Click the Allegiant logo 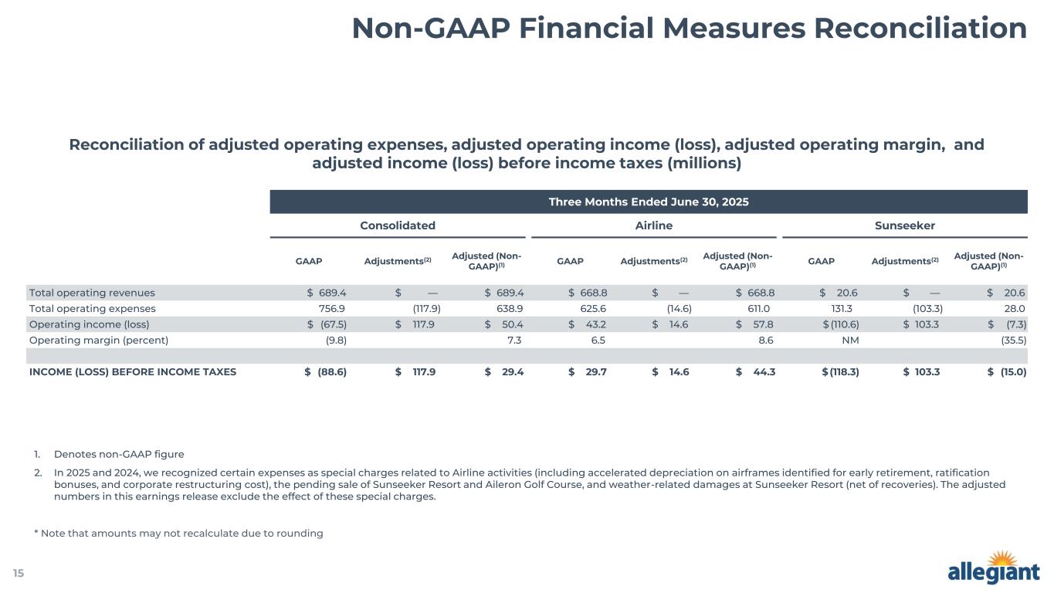point(993,569)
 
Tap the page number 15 point(18,573)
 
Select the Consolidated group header point(398,225)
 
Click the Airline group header point(653,225)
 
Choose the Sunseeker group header point(904,225)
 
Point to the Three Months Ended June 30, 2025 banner point(649,202)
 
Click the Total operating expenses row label point(92,308)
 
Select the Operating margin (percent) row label point(98,340)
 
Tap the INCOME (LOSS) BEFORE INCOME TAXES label point(132,371)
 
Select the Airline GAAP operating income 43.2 point(592,324)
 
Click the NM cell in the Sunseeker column point(851,340)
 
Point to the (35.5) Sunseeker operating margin point(1012,340)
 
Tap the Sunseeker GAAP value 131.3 point(843,308)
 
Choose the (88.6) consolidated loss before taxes point(332,371)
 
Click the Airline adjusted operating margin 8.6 point(766,340)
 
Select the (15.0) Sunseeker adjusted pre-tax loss point(1012,371)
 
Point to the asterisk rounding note point(178,533)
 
